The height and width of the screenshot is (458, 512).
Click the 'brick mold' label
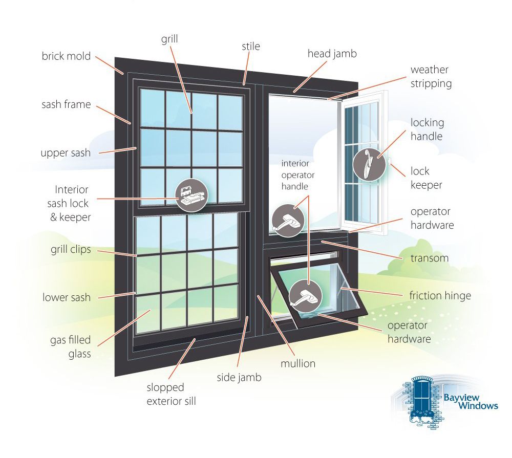coord(66,56)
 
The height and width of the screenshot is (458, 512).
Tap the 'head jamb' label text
coord(332,54)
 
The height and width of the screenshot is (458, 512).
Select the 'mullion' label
coord(298,363)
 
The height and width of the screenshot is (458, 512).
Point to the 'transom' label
coord(430,258)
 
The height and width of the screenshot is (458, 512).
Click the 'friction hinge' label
coord(440,295)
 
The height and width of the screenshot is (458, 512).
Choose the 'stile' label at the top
coord(251,47)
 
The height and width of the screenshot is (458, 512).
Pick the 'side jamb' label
coord(239,377)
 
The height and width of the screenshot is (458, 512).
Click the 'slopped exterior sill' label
coord(171,394)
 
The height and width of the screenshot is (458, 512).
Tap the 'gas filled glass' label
coord(71,346)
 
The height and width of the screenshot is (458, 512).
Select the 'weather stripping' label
coord(431,76)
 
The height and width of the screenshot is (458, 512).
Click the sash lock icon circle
coord(191,195)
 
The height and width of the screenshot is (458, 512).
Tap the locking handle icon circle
coord(369,165)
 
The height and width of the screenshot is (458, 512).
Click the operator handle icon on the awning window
coord(306,296)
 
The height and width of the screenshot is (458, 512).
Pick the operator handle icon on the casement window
coord(288,221)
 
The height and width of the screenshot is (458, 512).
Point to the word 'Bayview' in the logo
coord(461,398)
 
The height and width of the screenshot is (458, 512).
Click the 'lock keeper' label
coord(426,178)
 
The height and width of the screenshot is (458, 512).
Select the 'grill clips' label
coord(71,249)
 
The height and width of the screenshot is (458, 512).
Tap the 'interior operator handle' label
coord(298,175)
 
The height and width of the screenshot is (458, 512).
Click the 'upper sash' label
coord(66,153)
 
